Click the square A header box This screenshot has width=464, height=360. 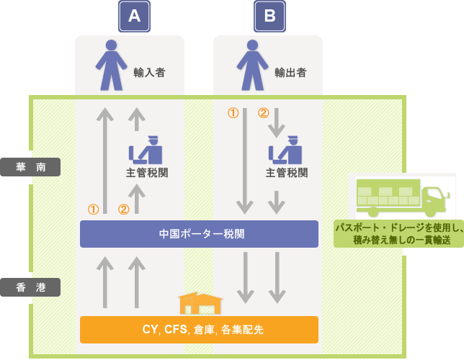[x=134, y=17]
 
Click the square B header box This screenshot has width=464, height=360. [x=269, y=17]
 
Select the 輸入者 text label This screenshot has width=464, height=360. [x=149, y=73]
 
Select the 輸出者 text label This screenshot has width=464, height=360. [x=290, y=73]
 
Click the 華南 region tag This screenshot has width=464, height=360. [x=30, y=167]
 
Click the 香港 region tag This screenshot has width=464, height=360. [x=30, y=287]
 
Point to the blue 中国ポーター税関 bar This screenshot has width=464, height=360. [x=199, y=234]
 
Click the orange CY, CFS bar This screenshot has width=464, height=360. [x=199, y=330]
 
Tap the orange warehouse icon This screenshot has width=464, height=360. [x=200, y=302]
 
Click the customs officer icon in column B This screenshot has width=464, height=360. [x=286, y=150]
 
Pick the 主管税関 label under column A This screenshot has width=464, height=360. [x=146, y=173]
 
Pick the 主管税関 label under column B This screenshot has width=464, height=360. [x=287, y=173]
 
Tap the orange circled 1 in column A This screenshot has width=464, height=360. [x=93, y=210]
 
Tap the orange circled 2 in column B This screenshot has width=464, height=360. [x=264, y=113]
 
